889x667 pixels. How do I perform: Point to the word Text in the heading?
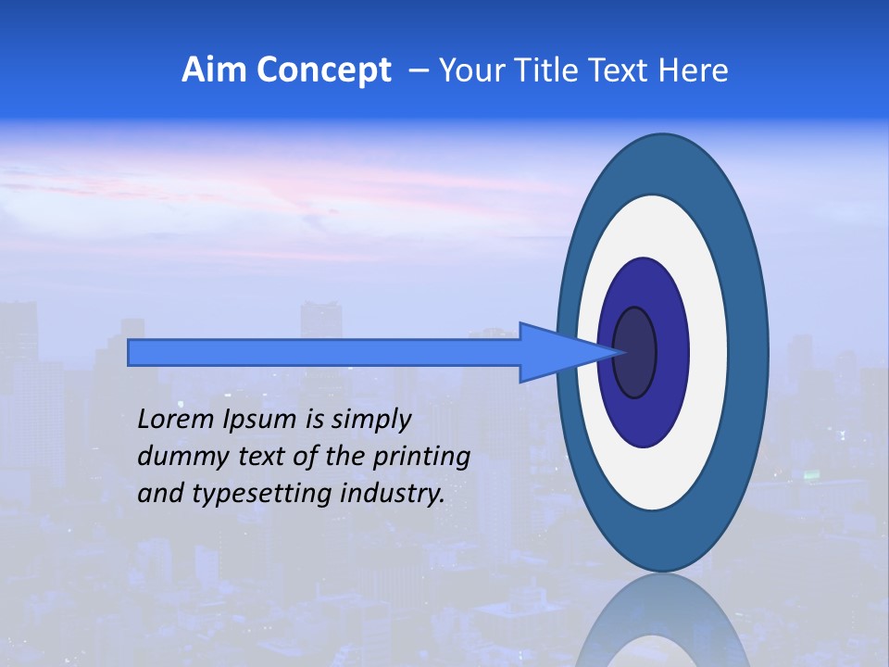coord(619,70)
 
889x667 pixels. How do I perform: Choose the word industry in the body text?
coord(392,494)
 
